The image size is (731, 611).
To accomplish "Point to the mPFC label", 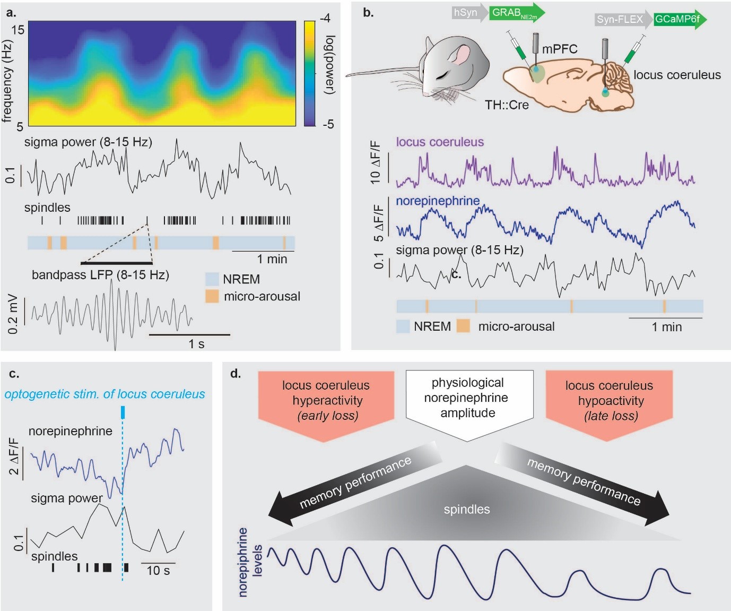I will (x=560, y=49).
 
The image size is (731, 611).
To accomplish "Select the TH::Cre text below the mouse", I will (x=507, y=105).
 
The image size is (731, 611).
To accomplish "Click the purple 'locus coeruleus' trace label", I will (x=440, y=142).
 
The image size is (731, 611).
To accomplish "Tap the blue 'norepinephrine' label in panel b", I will (x=438, y=201).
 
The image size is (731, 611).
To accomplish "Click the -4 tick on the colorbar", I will (x=325, y=19).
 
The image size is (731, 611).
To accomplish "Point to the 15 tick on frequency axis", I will (x=18, y=30).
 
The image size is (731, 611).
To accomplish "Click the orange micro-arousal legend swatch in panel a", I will (x=212, y=296).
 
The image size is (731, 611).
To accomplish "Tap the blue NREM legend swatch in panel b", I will (x=403, y=326).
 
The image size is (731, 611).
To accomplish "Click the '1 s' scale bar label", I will (x=196, y=344).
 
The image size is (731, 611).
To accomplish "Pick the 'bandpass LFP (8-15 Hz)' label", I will (x=100, y=275).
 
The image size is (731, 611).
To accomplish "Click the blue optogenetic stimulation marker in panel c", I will (x=123, y=412).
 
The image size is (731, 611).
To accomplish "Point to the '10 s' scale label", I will (x=158, y=571).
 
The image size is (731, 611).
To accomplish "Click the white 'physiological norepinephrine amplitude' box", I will (x=468, y=398).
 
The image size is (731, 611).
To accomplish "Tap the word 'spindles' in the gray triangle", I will (x=467, y=510).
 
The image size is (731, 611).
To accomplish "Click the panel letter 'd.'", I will (x=236, y=374).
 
